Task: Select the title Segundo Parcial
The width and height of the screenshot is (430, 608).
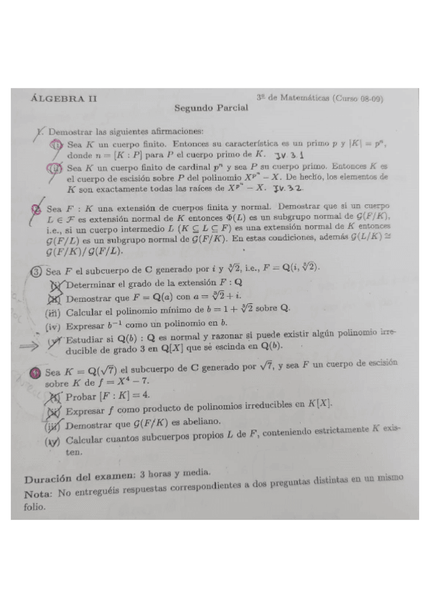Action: tap(211, 108)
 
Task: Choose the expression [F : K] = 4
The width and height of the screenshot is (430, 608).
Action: tap(126, 397)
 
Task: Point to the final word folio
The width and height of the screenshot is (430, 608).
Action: tap(34, 506)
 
